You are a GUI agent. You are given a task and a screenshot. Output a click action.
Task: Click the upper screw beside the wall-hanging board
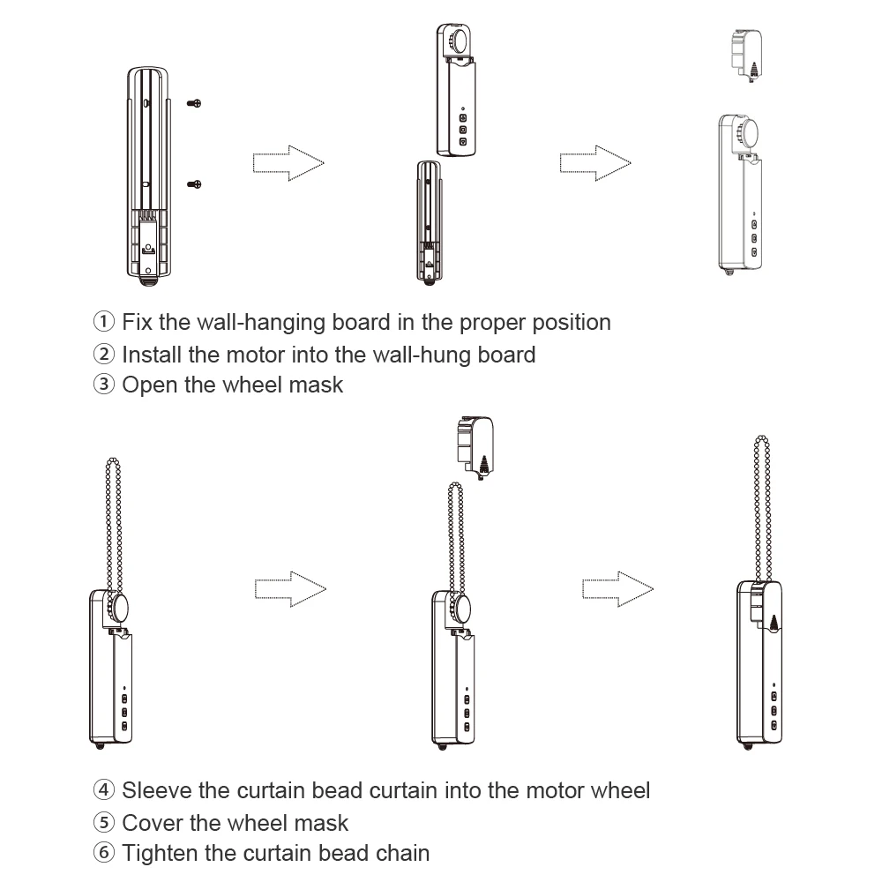195,103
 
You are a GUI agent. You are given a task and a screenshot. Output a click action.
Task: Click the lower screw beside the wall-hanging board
195,183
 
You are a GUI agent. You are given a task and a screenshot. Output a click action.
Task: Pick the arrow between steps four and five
290,588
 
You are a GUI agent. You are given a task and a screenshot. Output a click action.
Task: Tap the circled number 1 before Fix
104,322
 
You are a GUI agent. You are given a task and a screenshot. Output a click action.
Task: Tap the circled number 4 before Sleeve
104,790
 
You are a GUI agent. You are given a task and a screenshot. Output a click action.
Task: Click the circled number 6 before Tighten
104,854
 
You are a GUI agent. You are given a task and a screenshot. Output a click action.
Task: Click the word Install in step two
151,355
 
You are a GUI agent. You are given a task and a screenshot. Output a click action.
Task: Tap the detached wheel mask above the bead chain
474,446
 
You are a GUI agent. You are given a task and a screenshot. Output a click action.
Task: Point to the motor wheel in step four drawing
119,609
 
